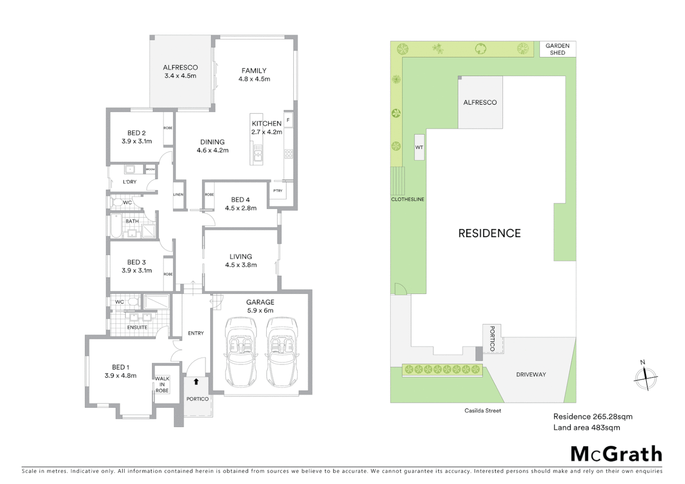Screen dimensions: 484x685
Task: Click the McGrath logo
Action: [x=616, y=454]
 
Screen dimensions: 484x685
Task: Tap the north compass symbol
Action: [x=645, y=378]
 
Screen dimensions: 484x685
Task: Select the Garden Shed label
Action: [x=557, y=49]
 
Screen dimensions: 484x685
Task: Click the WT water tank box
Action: [x=419, y=147]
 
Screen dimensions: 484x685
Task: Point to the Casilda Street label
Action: [x=482, y=411]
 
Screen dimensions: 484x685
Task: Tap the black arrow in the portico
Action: [x=196, y=382]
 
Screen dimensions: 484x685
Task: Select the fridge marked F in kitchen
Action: [x=288, y=120]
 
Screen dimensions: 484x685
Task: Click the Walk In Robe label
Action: [x=162, y=385]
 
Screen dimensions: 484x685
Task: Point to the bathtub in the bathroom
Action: [x=115, y=226]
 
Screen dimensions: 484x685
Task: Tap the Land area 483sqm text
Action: [x=586, y=428]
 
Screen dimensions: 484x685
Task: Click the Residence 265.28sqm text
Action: [x=593, y=416]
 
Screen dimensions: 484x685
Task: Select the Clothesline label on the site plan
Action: [x=408, y=199]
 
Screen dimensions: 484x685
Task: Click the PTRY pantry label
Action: [x=278, y=191]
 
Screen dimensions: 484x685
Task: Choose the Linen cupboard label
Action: [x=178, y=194]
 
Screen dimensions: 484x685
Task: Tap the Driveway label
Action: [x=531, y=375]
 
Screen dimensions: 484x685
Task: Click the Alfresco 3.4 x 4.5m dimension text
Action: [x=180, y=76]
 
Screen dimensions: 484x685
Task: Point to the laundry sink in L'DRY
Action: [x=130, y=169]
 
